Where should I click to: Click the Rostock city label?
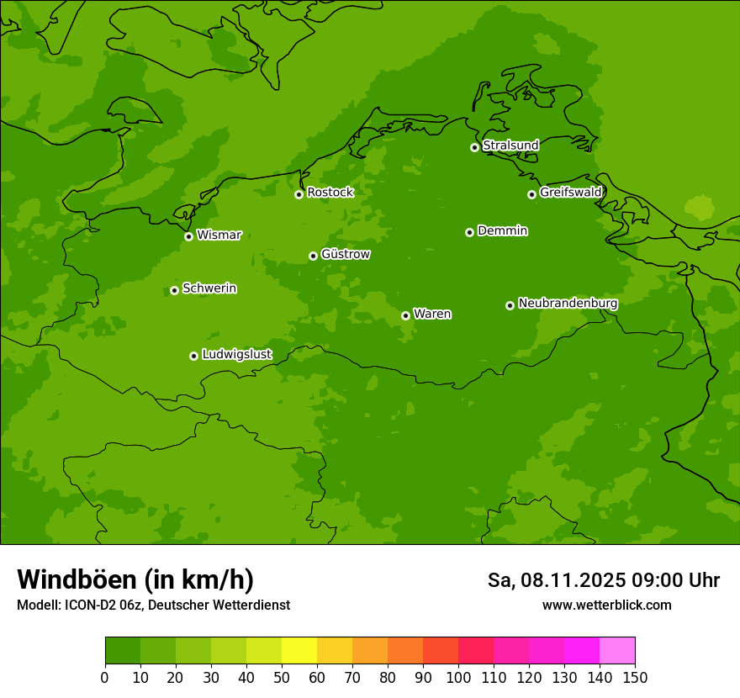(x=330, y=193)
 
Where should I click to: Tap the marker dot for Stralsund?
(x=474, y=147)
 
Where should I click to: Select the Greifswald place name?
(x=570, y=193)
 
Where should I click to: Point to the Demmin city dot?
(x=469, y=232)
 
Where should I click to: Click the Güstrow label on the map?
(x=345, y=254)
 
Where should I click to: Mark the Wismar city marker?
(x=188, y=236)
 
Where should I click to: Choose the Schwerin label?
(x=209, y=288)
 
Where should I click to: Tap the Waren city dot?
(x=405, y=315)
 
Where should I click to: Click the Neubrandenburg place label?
(x=568, y=303)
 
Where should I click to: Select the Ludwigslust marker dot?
(x=193, y=356)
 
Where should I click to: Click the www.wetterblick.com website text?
(x=606, y=605)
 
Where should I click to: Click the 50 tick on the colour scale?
(x=282, y=678)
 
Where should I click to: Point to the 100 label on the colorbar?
(x=458, y=678)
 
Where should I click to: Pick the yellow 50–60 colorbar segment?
(x=299, y=650)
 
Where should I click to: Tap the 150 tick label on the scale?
(x=635, y=678)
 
